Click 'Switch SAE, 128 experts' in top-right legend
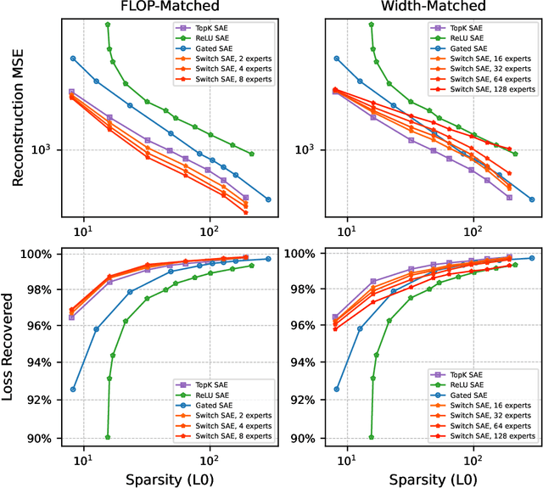click(x=492, y=88)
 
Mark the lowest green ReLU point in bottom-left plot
click(x=108, y=437)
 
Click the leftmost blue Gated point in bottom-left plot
click(x=73, y=390)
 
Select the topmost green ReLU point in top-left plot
click(x=108, y=25)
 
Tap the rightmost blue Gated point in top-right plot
click(x=531, y=199)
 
